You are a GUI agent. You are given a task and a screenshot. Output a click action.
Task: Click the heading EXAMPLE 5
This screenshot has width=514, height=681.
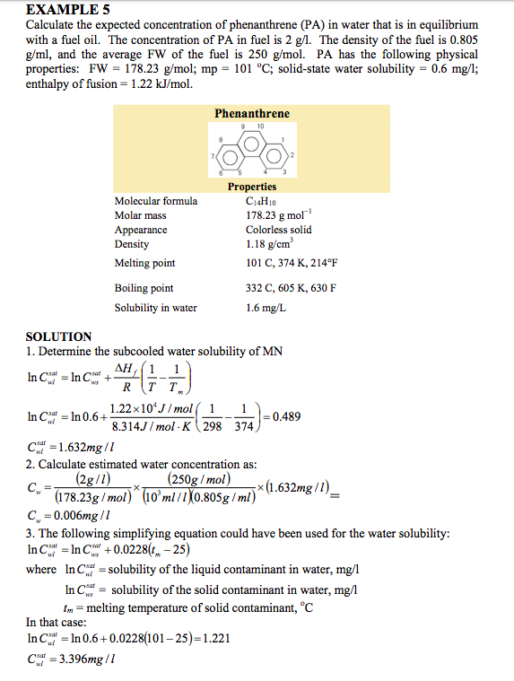(x=67, y=10)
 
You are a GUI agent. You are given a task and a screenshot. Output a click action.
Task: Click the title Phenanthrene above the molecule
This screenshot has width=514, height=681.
(x=251, y=114)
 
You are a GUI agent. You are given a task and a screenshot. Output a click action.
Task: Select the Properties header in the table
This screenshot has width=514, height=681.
(x=251, y=187)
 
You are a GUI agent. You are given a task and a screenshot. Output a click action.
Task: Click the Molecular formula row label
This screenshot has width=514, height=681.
(x=155, y=201)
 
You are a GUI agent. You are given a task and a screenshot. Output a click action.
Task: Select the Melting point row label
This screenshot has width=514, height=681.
(x=144, y=263)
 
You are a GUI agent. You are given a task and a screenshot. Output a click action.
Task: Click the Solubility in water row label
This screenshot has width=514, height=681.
(x=155, y=308)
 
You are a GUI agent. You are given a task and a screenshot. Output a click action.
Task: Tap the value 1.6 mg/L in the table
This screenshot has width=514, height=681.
(x=266, y=308)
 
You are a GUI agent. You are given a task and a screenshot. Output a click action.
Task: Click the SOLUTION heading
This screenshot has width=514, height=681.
(x=59, y=336)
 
